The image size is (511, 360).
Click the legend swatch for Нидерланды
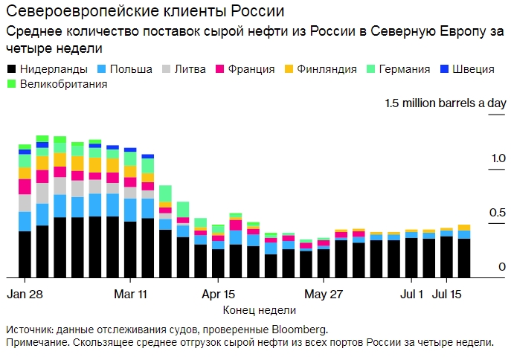pyautogui.click(x=12, y=69)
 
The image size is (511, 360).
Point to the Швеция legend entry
pyautogui.click(x=474, y=69)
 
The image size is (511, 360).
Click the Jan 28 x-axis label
pyautogui.click(x=25, y=293)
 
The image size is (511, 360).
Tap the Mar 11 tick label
pyautogui.click(x=130, y=293)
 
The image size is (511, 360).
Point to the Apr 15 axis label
pyautogui.click(x=219, y=293)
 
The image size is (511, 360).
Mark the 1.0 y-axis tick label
pyautogui.click(x=498, y=158)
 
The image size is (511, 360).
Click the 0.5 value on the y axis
pyautogui.click(x=498, y=213)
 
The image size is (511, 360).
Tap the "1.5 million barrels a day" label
pyautogui.click(x=445, y=103)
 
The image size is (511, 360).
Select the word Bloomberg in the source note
pyautogui.click(x=300, y=329)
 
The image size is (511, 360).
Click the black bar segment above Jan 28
pyautogui.click(x=25, y=254)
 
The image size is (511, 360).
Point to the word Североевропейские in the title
pyautogui.click(x=69, y=13)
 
